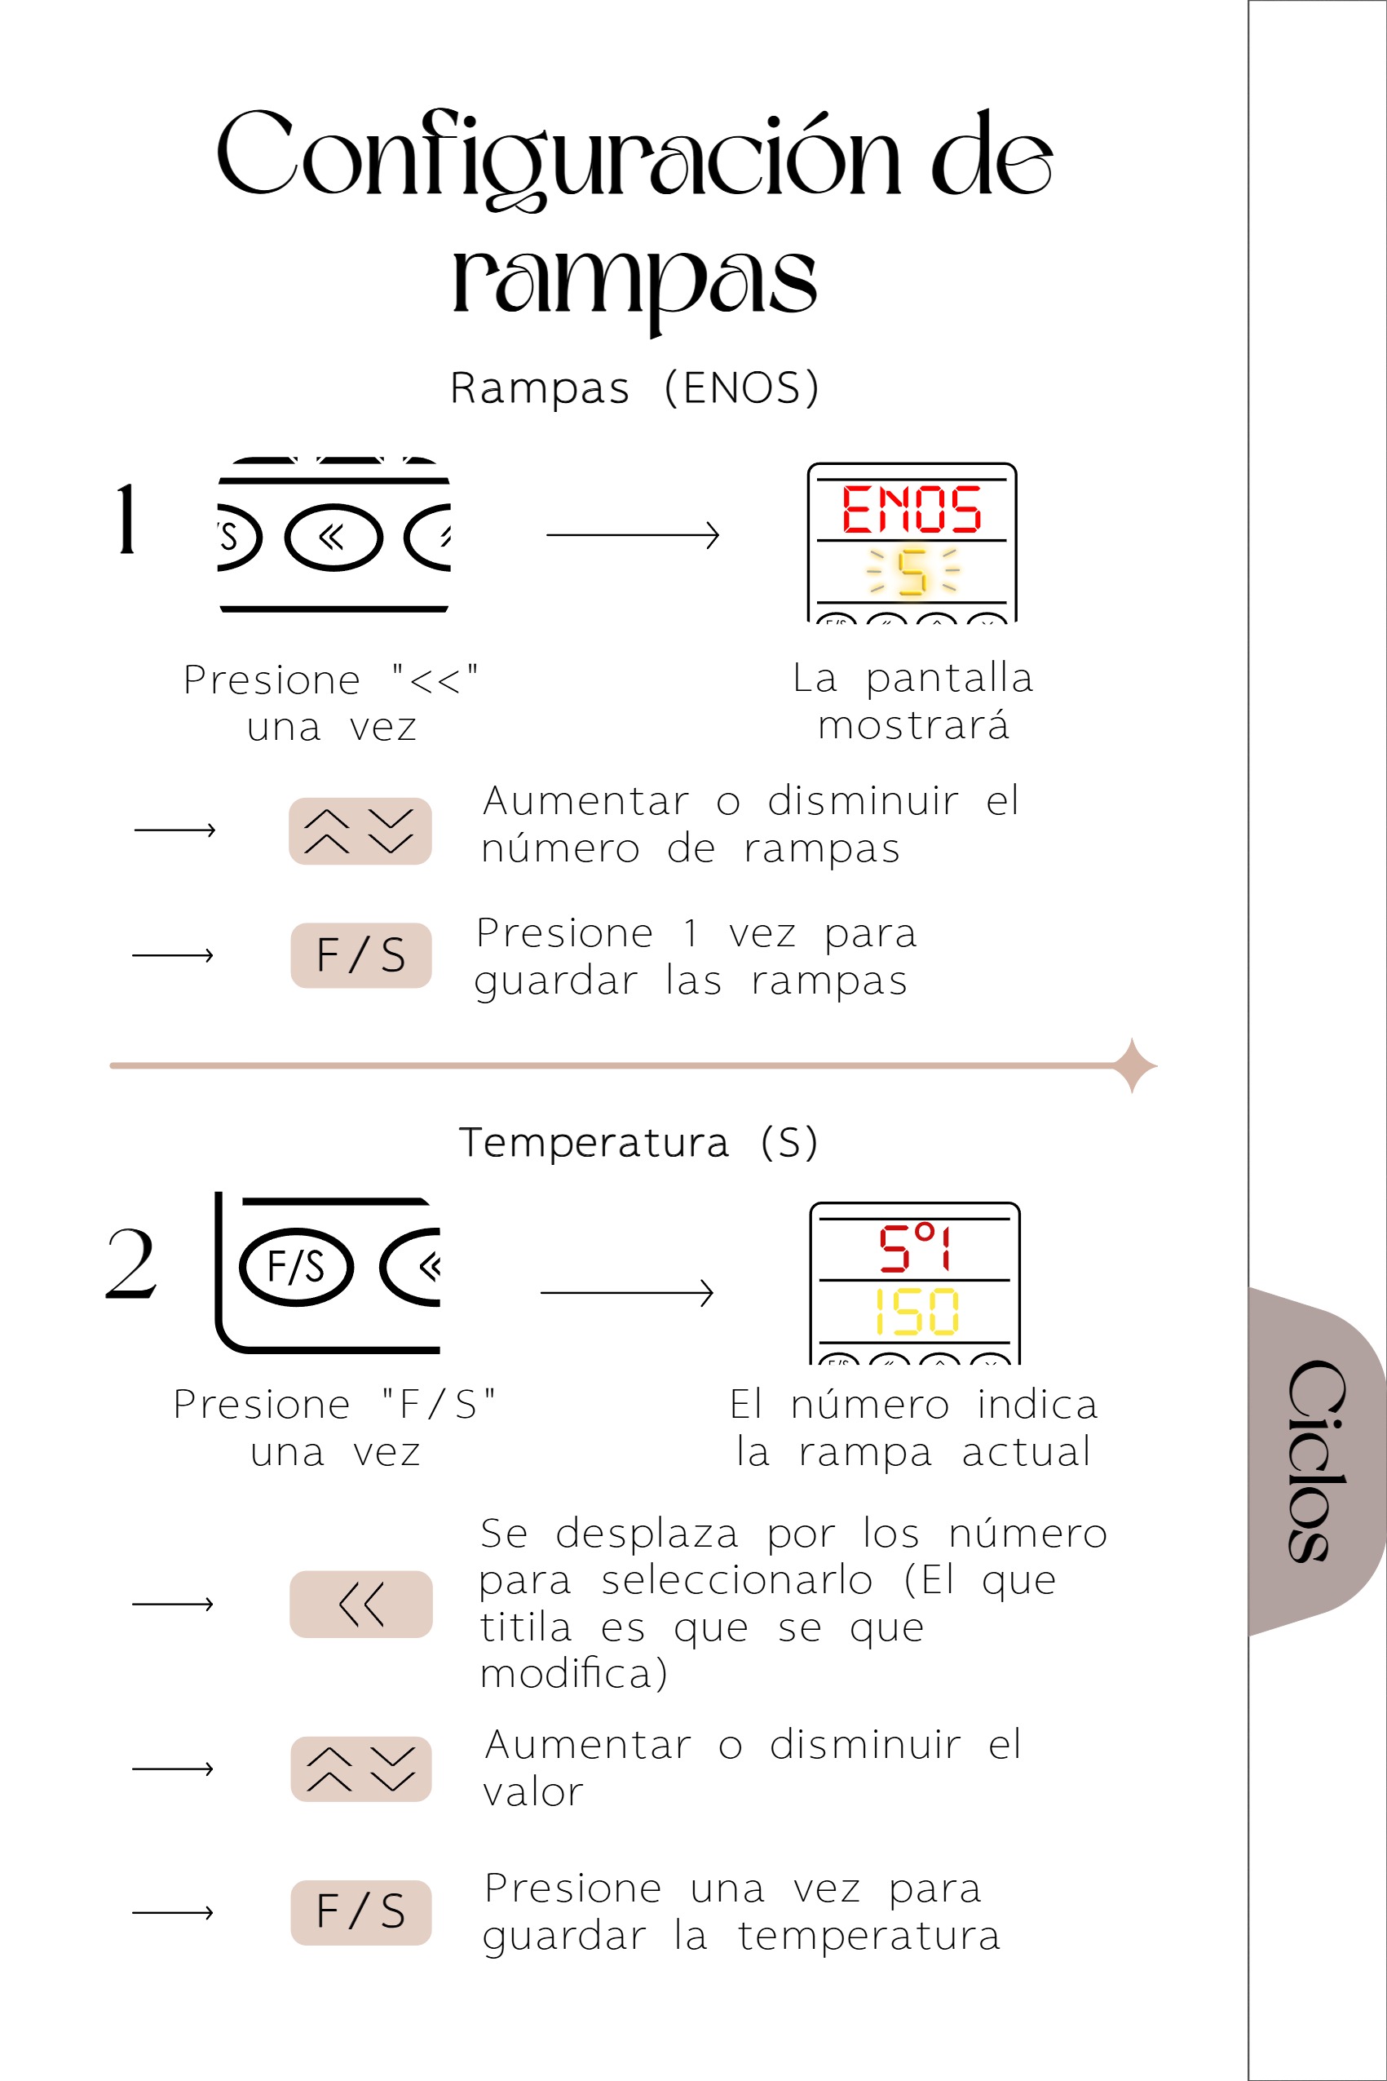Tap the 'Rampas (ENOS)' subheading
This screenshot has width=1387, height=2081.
(x=635, y=387)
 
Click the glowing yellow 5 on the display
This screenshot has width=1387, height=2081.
(x=912, y=572)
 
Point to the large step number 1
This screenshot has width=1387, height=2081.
(x=126, y=520)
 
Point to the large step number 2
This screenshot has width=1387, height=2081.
(x=131, y=1264)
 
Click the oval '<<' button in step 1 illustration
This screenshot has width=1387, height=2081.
(x=333, y=537)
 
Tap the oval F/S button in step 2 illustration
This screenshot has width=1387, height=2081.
(x=296, y=1267)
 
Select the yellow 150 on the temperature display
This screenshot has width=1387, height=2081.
(x=917, y=1311)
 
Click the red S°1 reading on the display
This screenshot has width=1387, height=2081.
(x=915, y=1247)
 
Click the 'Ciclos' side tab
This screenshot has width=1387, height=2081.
(x=1317, y=1462)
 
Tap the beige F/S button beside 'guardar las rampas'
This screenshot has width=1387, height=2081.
(x=361, y=955)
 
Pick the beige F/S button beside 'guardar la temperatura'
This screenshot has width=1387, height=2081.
(x=361, y=1913)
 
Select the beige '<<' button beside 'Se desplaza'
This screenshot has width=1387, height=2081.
(x=361, y=1604)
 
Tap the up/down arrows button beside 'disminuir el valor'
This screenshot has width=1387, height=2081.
(x=361, y=1769)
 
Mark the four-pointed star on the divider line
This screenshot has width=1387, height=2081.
(x=1133, y=1065)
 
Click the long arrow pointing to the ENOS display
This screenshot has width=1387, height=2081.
(x=634, y=535)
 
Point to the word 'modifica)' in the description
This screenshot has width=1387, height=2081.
(x=573, y=1674)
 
